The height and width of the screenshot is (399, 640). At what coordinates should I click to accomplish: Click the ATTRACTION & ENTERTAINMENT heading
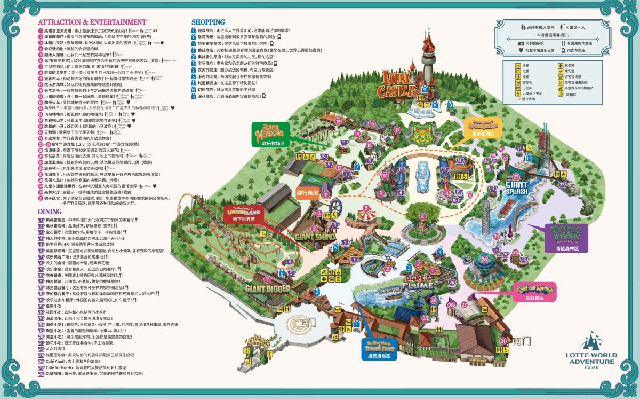[x=92, y=22]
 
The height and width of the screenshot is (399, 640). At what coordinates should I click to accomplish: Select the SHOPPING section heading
[x=208, y=22]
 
